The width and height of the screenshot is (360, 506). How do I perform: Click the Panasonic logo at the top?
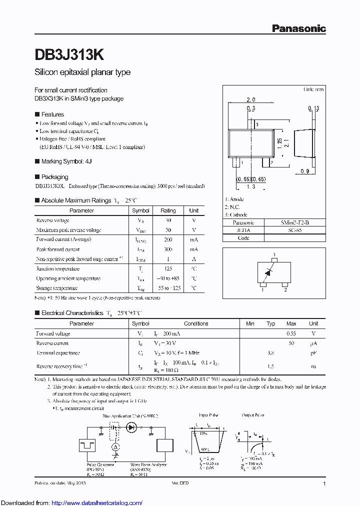(x=298, y=29)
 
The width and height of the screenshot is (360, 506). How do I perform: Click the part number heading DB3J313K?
(x=69, y=54)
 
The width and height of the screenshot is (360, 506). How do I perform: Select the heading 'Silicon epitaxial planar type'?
(x=82, y=72)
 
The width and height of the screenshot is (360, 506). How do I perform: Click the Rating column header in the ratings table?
(x=168, y=210)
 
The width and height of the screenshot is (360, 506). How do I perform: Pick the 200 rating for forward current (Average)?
(x=168, y=239)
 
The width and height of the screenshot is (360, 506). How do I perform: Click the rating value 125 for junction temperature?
(x=168, y=268)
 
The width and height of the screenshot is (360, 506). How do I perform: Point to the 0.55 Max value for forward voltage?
(x=291, y=333)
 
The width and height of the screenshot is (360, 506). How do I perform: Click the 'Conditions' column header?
(x=196, y=323)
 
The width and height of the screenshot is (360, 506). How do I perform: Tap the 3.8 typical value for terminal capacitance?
(x=270, y=352)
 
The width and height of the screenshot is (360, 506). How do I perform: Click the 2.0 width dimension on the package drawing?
(x=251, y=100)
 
